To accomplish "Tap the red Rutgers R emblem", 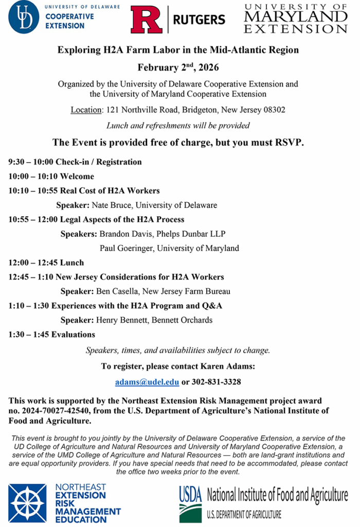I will point(147,20).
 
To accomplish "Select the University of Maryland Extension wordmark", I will point(295,19).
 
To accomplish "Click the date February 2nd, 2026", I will point(177,67).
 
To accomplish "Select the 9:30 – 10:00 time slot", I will point(30,162).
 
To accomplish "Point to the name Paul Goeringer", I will point(127,249).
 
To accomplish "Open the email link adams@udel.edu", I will point(147,382).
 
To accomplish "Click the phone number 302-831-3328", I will point(216,382).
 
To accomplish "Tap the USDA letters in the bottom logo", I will point(191,496).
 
